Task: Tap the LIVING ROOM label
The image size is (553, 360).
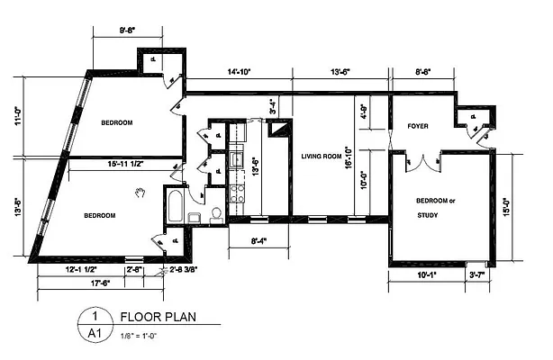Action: pos(321,157)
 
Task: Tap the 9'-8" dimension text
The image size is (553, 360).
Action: pos(131,30)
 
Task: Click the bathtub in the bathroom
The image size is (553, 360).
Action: pos(174,208)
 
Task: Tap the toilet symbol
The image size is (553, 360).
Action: pos(216,214)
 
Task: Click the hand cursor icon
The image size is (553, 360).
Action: pos(141,192)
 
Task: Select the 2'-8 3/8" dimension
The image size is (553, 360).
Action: pos(183,268)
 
